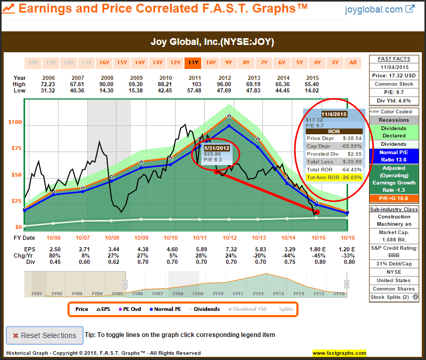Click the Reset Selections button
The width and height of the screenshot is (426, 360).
(x=44, y=335)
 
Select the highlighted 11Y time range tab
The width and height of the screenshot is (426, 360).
(x=193, y=63)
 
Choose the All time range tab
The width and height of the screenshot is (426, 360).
(x=353, y=63)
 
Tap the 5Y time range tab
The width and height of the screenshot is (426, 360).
(x=300, y=63)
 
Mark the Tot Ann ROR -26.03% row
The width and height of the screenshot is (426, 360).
(x=334, y=178)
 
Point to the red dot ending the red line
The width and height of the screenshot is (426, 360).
(x=317, y=212)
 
